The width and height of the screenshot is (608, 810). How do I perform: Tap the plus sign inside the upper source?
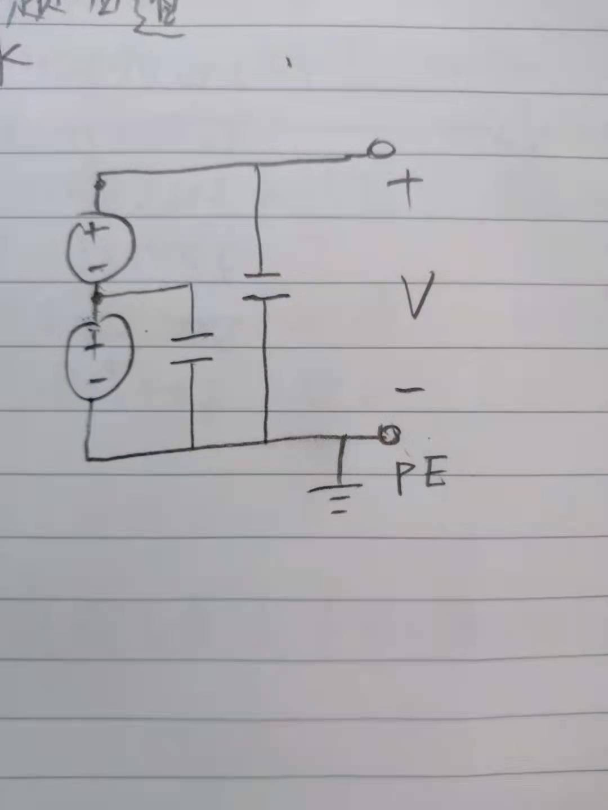coord(97,230)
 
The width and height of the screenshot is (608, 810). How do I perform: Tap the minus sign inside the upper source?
coord(97,268)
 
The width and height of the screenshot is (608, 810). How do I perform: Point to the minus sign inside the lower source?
coord(97,380)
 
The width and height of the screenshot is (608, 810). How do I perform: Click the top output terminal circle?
coord(381,150)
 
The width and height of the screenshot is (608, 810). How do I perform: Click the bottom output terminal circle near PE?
coord(389,434)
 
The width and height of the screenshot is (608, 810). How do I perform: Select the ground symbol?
coord(336,495)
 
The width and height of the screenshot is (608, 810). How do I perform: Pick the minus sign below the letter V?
coord(409,389)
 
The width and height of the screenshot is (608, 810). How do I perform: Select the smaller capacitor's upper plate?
coord(192,337)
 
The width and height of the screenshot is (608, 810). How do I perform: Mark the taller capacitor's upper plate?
coord(262,275)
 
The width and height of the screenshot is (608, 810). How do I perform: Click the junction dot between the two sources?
coord(97,297)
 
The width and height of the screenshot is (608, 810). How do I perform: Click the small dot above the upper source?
coord(100,183)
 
